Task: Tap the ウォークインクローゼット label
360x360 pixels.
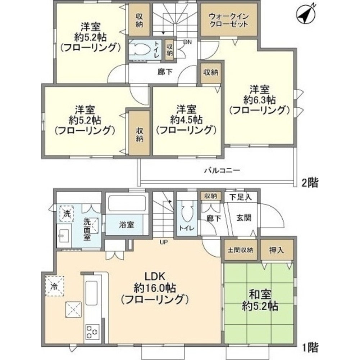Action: tap(229, 20)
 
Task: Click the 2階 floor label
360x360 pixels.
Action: tap(310, 183)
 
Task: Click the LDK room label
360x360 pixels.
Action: tap(155, 276)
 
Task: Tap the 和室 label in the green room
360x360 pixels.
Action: tap(258, 294)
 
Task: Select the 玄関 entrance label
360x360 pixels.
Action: tap(243, 217)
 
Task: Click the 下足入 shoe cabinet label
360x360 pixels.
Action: tap(238, 197)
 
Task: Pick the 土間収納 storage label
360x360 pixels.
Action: tap(240, 250)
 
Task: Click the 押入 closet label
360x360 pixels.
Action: tap(276, 250)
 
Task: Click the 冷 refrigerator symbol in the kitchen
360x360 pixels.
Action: tap(54, 286)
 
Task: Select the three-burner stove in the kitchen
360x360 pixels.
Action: tap(92, 330)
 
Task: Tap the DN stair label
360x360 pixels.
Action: tap(187, 42)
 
